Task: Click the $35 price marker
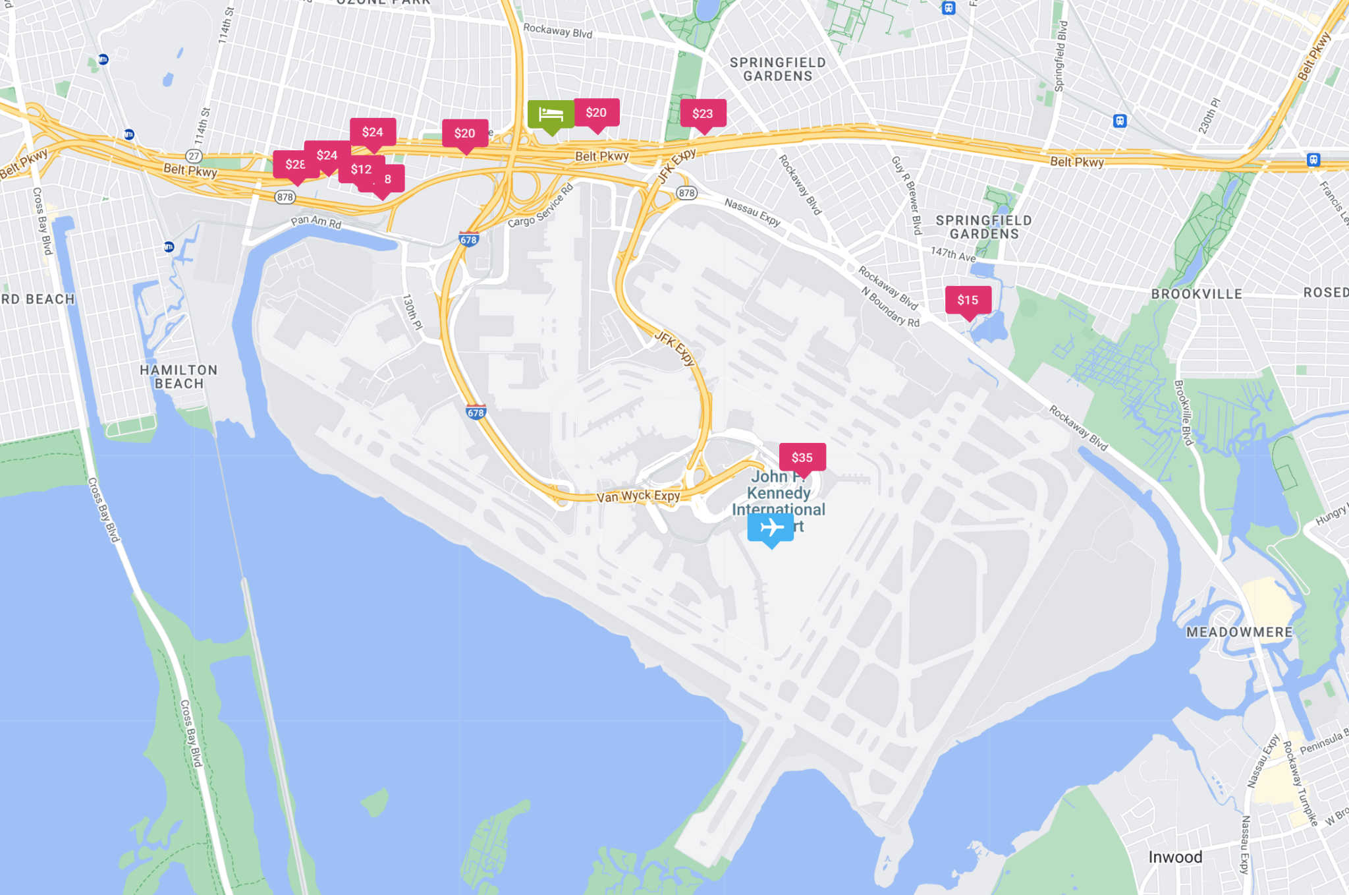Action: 802,457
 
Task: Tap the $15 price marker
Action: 968,301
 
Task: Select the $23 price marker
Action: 703,113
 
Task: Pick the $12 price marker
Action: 361,169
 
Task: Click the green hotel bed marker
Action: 551,115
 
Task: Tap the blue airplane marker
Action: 771,528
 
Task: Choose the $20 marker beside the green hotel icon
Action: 596,113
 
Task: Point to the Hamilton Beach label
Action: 179,377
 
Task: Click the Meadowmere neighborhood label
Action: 1240,632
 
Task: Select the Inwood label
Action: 1175,857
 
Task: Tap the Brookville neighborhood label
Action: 1196,294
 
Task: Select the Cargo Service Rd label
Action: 540,206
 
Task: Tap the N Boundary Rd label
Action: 890,307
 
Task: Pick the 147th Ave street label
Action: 953,254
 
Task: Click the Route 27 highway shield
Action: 194,156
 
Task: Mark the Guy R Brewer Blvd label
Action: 906,195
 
